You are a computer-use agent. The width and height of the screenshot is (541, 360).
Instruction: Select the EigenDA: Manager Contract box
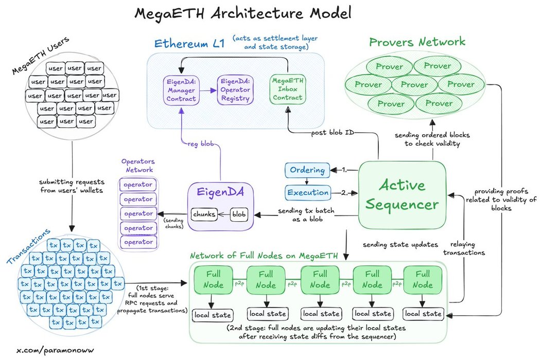click(x=181, y=89)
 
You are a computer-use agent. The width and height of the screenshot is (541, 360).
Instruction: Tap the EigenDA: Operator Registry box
click(x=234, y=89)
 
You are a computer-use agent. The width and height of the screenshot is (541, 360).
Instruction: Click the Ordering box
click(x=307, y=170)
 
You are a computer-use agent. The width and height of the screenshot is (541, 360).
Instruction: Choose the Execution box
click(x=307, y=193)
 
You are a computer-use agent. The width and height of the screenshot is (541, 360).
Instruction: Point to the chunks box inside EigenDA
click(x=203, y=213)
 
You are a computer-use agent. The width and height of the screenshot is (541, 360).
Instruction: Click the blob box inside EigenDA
click(x=239, y=213)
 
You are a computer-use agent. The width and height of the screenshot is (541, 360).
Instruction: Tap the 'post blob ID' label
click(x=333, y=133)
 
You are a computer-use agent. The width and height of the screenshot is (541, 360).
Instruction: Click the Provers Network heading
click(x=417, y=42)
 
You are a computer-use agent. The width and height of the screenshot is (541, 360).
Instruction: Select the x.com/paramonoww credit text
click(x=56, y=350)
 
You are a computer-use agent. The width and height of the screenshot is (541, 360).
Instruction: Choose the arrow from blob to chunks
click(x=223, y=213)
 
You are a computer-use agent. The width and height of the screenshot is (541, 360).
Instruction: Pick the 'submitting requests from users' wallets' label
click(x=72, y=186)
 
